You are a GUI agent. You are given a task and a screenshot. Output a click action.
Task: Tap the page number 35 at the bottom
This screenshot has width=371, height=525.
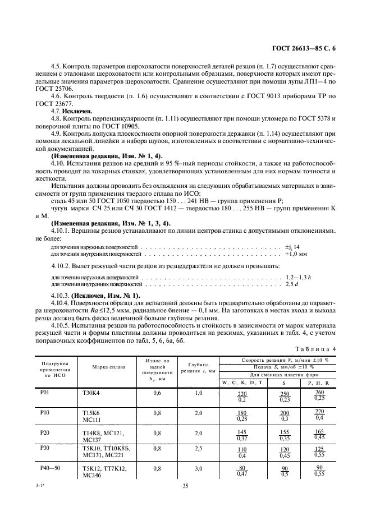tap(185, 486)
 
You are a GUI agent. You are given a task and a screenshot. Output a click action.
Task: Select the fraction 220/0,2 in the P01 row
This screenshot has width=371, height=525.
tap(242, 396)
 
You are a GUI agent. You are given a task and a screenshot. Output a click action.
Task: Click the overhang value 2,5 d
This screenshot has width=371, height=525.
tap(291, 284)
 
